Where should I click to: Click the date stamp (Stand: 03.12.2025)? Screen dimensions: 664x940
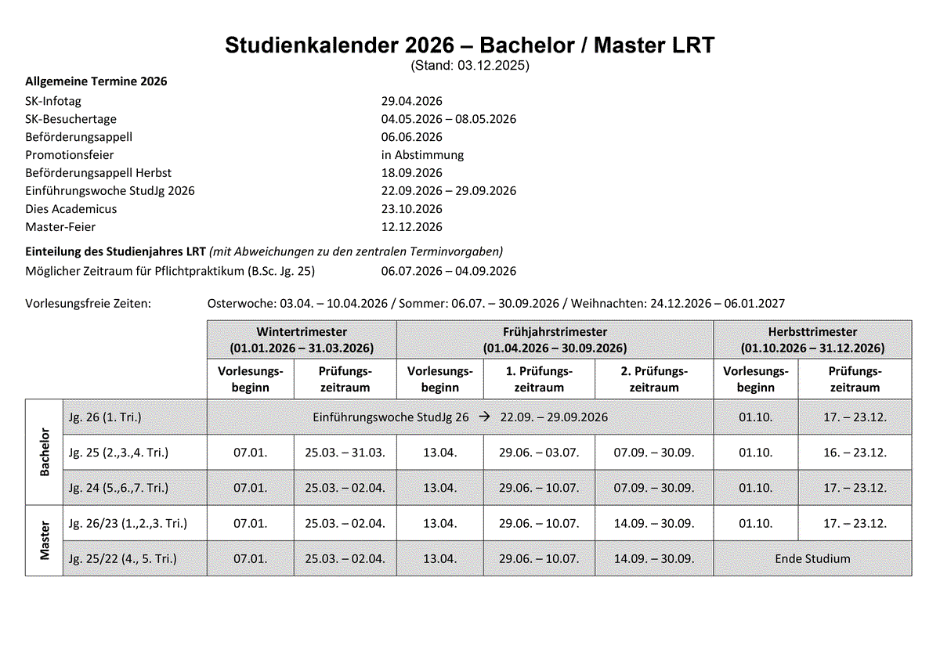470,66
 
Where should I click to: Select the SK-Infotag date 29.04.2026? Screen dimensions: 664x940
412,101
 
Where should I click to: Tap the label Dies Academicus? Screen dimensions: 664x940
71,209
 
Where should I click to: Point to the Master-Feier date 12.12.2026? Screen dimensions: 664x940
412,227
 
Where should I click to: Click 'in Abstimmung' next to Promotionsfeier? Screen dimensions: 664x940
422,155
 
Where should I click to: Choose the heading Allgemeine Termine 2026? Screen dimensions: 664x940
96,81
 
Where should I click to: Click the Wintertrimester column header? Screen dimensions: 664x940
302,339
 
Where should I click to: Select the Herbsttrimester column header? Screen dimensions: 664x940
812,339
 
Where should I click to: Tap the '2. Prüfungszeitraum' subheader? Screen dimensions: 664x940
654,379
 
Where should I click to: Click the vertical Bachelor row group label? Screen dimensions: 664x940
44,452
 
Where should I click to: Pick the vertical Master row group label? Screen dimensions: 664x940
44,540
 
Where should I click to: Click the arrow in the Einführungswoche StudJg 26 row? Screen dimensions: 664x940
485,417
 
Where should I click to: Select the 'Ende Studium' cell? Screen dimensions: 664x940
812,559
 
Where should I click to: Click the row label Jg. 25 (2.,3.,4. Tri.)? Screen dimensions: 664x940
118,453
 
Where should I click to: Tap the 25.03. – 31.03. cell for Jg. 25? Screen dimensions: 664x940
345,453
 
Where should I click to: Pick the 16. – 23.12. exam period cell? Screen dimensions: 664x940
855,453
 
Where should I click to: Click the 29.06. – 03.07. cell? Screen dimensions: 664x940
539,453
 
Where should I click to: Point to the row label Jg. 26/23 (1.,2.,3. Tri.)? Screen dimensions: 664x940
128,523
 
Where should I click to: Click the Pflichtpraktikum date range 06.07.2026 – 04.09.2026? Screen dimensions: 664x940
449,271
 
